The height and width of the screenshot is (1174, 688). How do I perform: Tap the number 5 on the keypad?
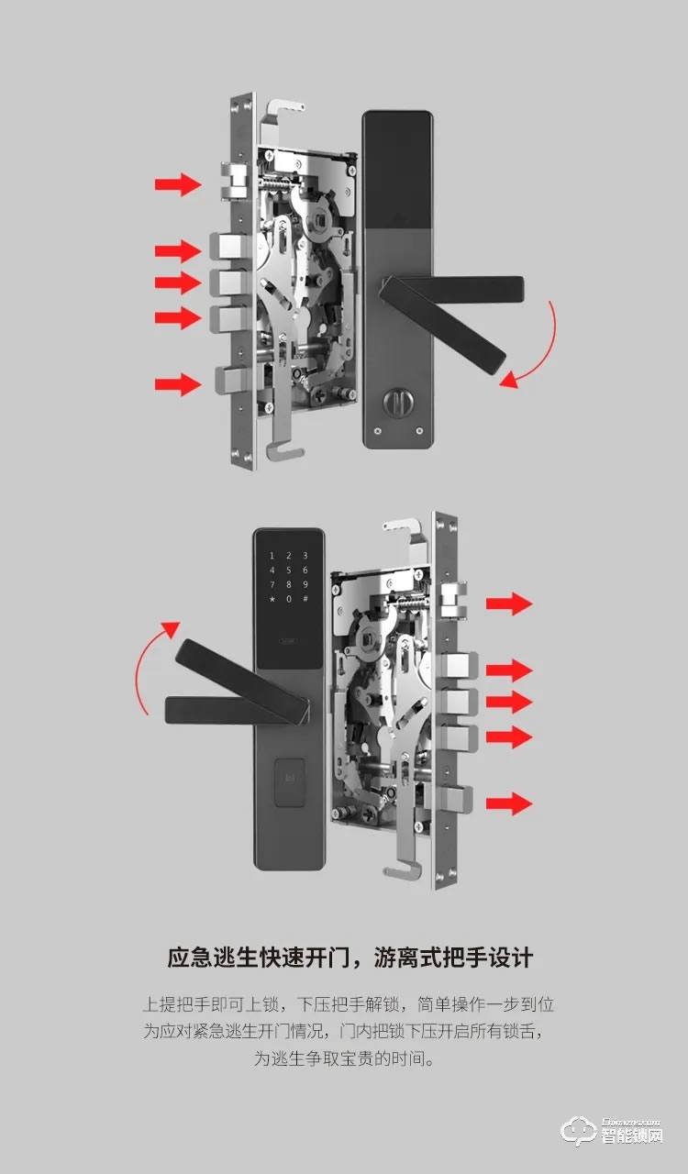(288, 570)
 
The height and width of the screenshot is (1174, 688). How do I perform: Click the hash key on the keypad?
(305, 599)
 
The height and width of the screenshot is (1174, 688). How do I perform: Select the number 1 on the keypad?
(272, 556)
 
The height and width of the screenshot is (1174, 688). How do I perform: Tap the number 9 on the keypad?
(305, 584)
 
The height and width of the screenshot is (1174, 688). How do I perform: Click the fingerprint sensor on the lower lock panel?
(290, 782)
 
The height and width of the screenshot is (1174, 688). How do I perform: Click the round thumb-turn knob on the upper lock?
(398, 402)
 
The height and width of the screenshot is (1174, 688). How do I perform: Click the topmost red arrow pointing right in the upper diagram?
(178, 184)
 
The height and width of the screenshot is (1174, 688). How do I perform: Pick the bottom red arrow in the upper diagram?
(178, 384)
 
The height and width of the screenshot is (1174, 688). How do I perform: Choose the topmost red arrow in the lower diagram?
(509, 604)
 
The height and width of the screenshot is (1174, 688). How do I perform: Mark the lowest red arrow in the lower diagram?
(509, 803)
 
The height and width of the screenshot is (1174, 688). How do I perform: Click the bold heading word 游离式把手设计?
(453, 958)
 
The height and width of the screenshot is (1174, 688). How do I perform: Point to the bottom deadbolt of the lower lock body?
(455, 803)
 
